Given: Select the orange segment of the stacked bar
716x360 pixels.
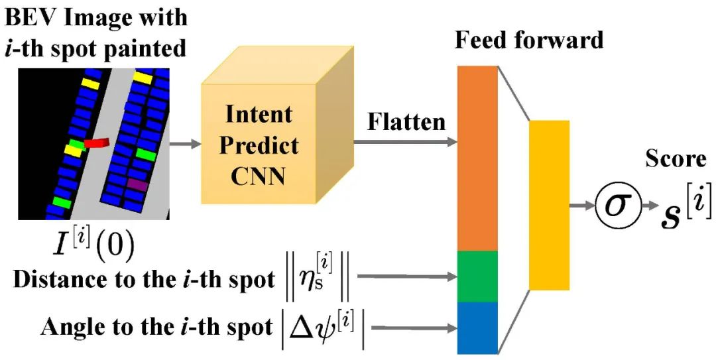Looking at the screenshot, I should point(478,159).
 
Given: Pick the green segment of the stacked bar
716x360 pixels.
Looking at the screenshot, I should point(478,276).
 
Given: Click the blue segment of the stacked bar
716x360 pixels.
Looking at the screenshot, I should point(478,328).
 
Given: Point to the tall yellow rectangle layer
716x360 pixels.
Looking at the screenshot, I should point(549,205).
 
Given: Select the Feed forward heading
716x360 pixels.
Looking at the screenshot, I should point(529,40).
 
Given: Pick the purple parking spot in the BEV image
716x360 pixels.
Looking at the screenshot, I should point(138,184).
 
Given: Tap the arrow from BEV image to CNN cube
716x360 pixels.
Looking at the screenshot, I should point(185,143).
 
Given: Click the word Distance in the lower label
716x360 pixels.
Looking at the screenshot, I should point(48,279).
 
